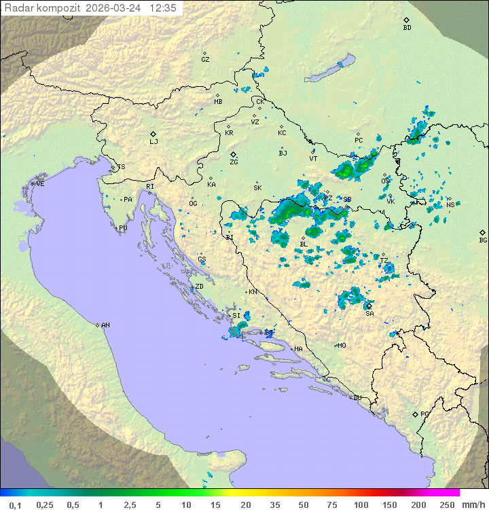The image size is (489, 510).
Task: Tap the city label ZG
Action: [234, 162]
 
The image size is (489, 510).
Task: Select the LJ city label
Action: [153, 142]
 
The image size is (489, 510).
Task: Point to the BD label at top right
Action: [407, 28]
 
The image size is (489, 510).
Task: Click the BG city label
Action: [483, 240]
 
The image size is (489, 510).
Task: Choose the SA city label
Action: [369, 313]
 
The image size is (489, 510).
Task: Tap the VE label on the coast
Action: [40, 184]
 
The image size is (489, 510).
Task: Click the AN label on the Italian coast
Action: [105, 325]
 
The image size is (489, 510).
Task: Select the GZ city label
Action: [205, 60]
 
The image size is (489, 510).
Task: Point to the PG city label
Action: [424, 414]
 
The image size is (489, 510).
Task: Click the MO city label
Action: [342, 345]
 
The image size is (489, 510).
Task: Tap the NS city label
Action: [450, 204]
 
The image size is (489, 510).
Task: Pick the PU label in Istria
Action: [123, 228]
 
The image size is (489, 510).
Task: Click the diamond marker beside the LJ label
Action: [153, 134]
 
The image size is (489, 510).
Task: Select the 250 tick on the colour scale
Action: [447, 505]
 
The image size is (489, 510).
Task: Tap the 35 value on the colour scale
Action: [276, 505]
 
